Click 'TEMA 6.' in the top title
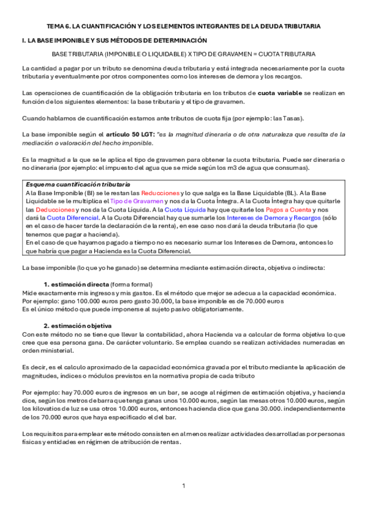[x=59, y=26]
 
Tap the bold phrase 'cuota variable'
[x=280, y=93]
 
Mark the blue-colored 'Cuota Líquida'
[x=186, y=209]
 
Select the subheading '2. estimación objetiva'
[x=77, y=325]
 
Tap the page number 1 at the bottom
[x=183, y=486]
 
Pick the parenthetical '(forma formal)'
[x=131, y=285]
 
